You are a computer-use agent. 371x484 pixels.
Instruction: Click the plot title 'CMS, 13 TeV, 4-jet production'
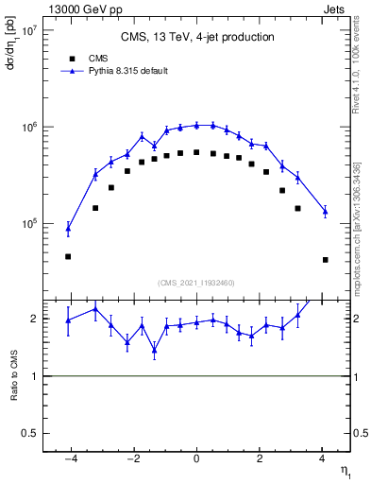pos(197,38)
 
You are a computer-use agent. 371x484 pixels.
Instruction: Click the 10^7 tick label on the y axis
pos(30,30)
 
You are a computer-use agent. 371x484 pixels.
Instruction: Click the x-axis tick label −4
pos(69,458)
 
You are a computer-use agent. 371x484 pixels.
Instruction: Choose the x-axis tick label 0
pos(196,458)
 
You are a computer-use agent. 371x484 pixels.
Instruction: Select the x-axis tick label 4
pos(322,458)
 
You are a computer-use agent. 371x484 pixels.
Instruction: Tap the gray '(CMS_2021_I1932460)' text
pos(196,283)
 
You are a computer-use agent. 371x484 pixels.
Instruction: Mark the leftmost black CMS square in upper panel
pos(68,256)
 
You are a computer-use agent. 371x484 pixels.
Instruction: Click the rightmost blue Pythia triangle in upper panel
pos(325,211)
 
